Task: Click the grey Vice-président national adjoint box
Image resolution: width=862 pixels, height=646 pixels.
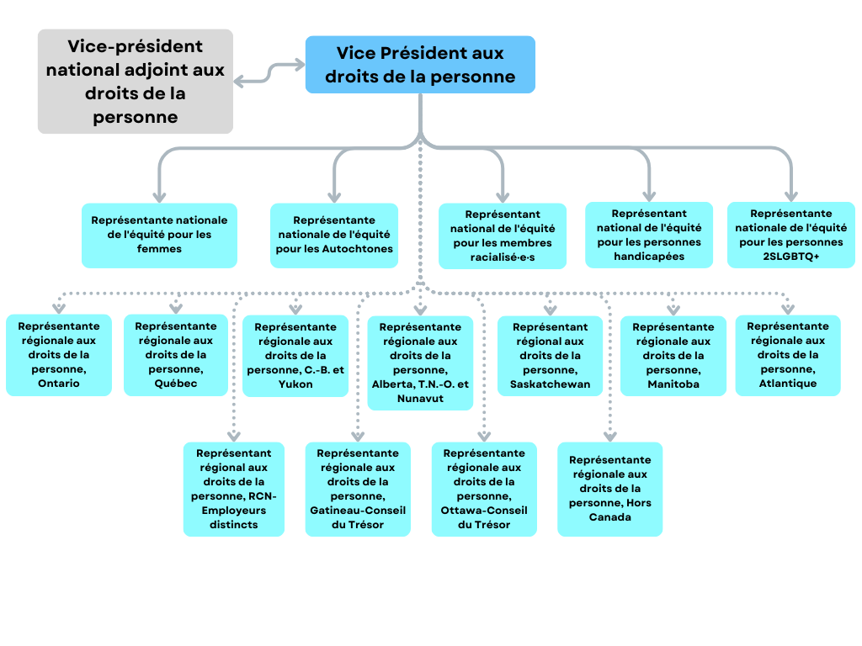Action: point(136,82)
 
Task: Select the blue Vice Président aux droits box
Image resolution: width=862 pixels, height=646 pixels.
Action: point(420,64)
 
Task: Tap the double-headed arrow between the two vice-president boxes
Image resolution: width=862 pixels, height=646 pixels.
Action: point(269,73)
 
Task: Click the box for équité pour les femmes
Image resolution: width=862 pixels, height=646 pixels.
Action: point(159,236)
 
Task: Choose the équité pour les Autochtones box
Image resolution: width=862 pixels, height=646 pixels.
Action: point(334,236)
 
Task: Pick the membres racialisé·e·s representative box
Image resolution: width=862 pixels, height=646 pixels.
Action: point(503,236)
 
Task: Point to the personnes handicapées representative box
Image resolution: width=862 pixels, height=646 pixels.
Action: point(649,236)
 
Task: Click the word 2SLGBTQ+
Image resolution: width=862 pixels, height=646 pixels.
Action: point(791,257)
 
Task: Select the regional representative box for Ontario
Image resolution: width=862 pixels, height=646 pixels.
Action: point(59,355)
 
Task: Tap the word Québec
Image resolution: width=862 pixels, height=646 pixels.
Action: point(176,384)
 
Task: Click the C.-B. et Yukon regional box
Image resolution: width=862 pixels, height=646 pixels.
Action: point(295,356)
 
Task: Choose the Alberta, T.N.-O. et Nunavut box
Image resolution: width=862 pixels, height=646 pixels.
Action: point(420,363)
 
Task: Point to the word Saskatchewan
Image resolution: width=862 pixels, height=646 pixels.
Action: point(550,384)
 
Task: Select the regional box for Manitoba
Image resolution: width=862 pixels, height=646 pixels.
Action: point(673,356)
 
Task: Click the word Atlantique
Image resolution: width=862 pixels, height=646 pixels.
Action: point(788,384)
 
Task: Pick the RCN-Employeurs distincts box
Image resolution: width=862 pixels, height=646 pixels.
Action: point(234,489)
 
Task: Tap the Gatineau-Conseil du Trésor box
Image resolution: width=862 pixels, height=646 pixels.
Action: point(358,489)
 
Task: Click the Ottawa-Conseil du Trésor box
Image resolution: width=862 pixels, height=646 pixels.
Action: point(484,489)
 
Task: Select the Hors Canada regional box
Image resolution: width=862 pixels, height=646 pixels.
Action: point(609,489)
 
